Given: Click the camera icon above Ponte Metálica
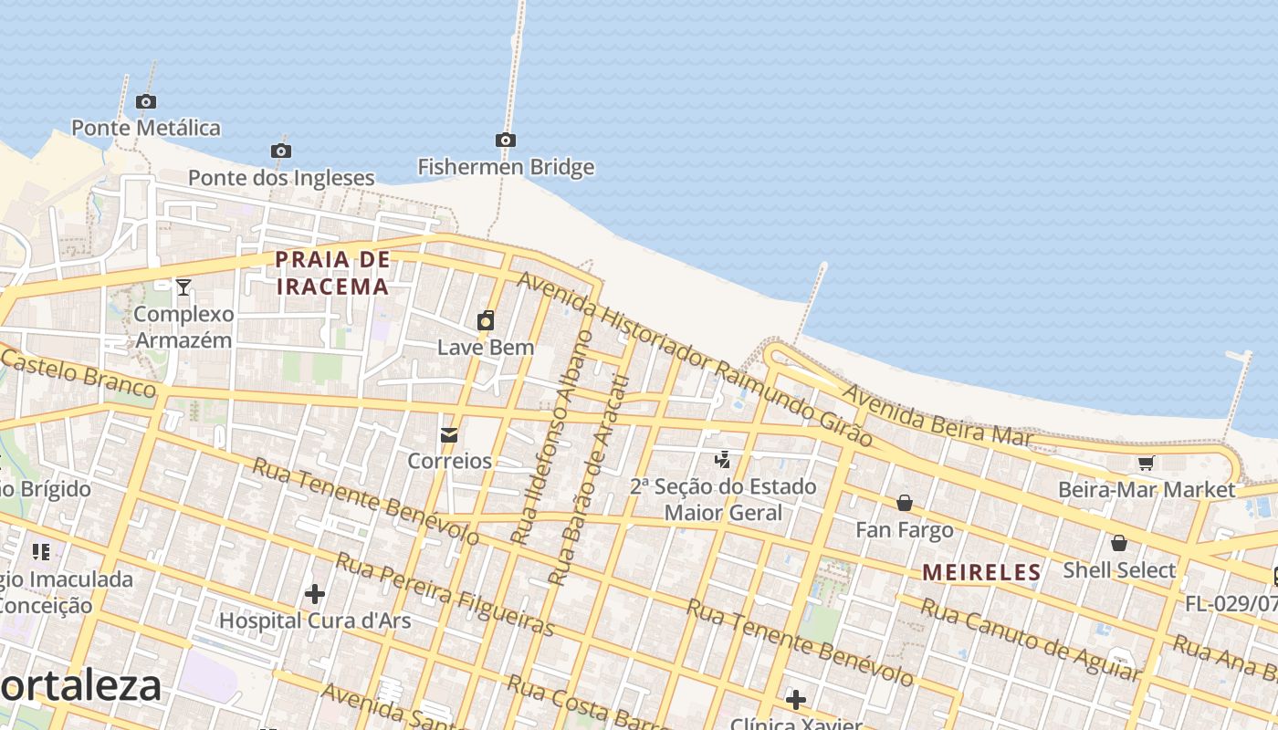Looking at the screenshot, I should (145, 102).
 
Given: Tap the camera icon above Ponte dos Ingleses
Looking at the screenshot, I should (281, 151).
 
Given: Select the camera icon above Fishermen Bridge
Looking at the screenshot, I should (506, 141).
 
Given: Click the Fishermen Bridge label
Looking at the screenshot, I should (506, 167).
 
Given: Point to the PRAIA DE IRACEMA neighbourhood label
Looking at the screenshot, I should (332, 273).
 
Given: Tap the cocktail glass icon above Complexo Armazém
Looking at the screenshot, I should (183, 287).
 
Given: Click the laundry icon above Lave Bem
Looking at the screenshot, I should (486, 320).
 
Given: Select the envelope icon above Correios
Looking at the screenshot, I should (449, 435).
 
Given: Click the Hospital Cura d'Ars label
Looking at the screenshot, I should (315, 620).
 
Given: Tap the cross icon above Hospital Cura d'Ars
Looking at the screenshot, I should (315, 595).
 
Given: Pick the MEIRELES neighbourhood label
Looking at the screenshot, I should (981, 572).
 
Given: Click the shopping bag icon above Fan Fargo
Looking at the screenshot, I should (905, 503).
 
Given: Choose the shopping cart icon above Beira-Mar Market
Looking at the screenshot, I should (1147, 463).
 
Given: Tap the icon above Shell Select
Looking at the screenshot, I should (1119, 544).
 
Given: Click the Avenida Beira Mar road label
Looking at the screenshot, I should (938, 417).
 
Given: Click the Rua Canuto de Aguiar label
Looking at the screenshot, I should (1030, 640).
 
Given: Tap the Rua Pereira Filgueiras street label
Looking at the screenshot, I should (445, 593).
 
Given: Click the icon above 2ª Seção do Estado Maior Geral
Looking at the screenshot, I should (723, 460).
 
